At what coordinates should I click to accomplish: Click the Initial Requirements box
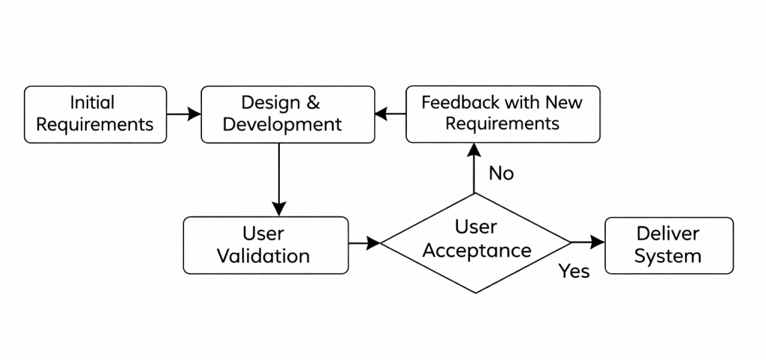[x=95, y=114]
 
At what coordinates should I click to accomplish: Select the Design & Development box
[x=288, y=114]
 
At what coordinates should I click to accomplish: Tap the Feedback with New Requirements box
[x=502, y=114]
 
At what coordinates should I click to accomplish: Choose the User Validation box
[x=266, y=245]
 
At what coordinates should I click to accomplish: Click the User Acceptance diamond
[x=476, y=242]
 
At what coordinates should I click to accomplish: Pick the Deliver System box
[x=669, y=245]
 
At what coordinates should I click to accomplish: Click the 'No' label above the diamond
[x=501, y=174]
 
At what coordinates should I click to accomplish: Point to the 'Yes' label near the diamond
[x=574, y=272]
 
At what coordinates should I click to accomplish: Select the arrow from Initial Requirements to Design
[x=184, y=114]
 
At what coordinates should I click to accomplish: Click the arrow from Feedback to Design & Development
[x=390, y=114]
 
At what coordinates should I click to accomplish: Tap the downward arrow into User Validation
[x=279, y=180]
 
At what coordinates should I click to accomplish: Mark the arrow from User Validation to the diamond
[x=364, y=242]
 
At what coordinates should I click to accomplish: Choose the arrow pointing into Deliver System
[x=588, y=242]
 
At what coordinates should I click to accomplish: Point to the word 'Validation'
[x=263, y=256]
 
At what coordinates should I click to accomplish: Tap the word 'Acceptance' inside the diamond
[x=477, y=251]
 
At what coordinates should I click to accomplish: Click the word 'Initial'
[x=92, y=103]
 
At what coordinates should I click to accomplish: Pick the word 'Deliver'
[x=668, y=234]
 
